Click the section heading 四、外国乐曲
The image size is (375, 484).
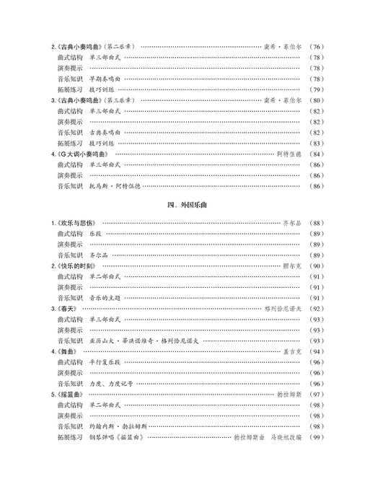click(187, 204)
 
